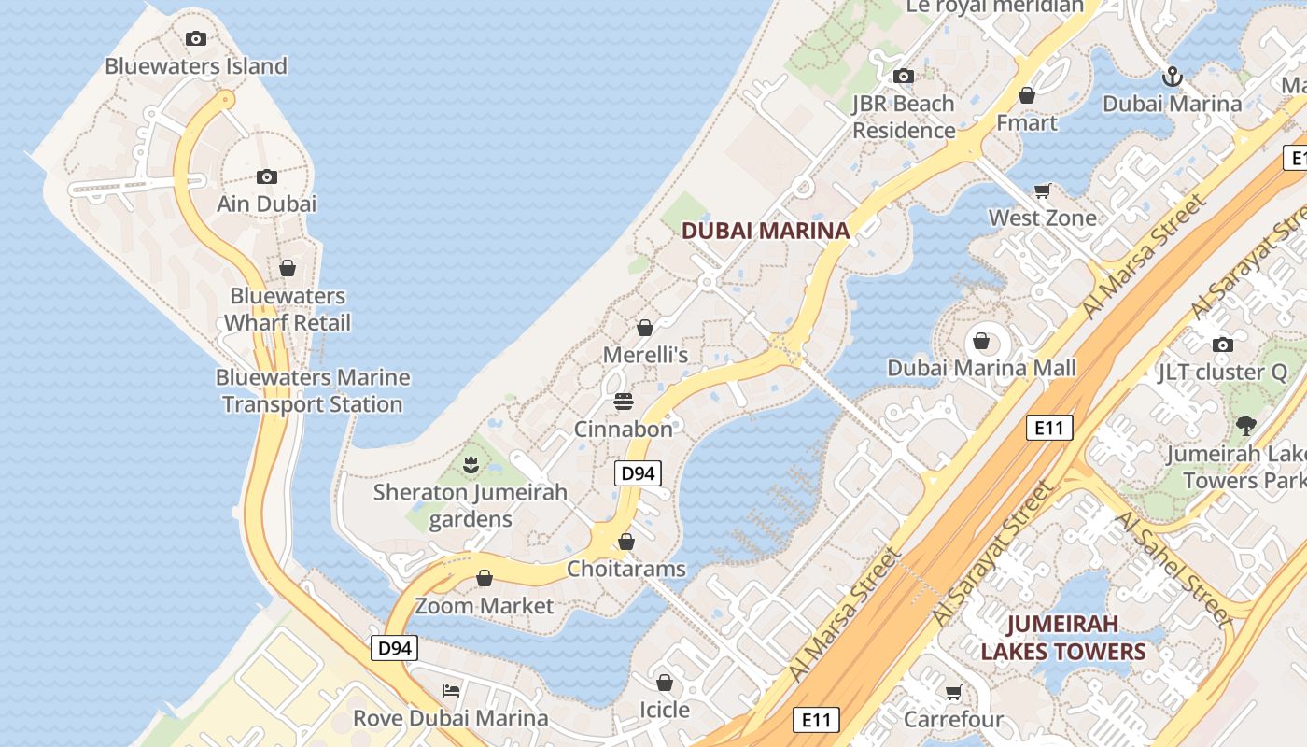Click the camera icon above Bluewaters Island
[195, 38]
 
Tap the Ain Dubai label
[267, 204]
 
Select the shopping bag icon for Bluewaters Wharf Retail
[288, 268]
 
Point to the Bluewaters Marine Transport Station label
[313, 391]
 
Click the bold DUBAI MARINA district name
[766, 231]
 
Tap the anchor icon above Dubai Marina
[1172, 76]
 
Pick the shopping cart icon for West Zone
[1043, 190]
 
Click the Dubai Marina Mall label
[981, 368]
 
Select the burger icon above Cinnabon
[624, 402]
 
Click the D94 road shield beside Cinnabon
[638, 473]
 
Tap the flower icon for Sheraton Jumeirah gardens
[471, 463]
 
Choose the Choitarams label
[626, 569]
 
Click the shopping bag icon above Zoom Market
[485, 578]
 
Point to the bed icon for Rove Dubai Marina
[451, 691]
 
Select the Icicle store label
[665, 710]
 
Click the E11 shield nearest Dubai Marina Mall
[1049, 428]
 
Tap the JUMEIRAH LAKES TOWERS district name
[1062, 637]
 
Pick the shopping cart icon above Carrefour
[953, 692]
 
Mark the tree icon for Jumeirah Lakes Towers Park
[1245, 426]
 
